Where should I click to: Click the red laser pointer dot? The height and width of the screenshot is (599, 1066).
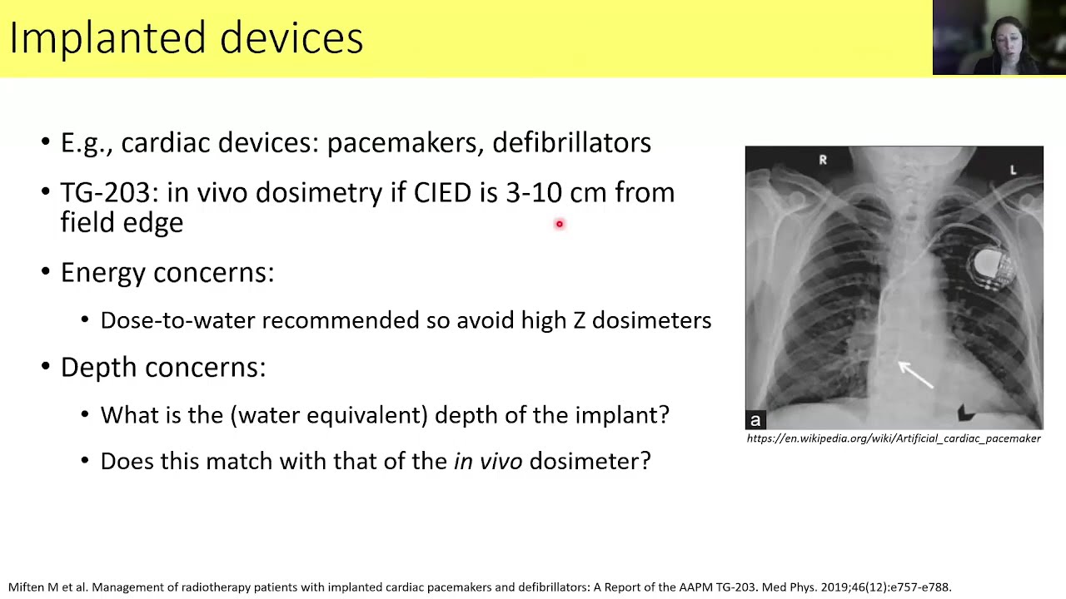click(560, 224)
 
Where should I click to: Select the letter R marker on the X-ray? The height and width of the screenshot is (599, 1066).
click(823, 160)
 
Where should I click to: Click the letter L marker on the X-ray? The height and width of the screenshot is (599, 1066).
click(1013, 170)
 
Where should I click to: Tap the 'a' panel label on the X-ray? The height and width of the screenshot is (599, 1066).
click(755, 420)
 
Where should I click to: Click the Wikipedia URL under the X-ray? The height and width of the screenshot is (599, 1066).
click(894, 438)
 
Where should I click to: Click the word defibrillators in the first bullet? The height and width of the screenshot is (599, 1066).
click(571, 143)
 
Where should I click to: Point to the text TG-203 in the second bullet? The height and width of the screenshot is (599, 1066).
click(104, 193)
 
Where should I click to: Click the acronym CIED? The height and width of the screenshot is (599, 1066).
click(442, 193)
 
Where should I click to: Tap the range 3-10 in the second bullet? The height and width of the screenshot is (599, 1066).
click(534, 193)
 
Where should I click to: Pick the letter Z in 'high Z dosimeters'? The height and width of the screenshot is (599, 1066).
click(579, 320)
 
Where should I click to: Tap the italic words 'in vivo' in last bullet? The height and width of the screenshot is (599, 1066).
click(487, 461)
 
